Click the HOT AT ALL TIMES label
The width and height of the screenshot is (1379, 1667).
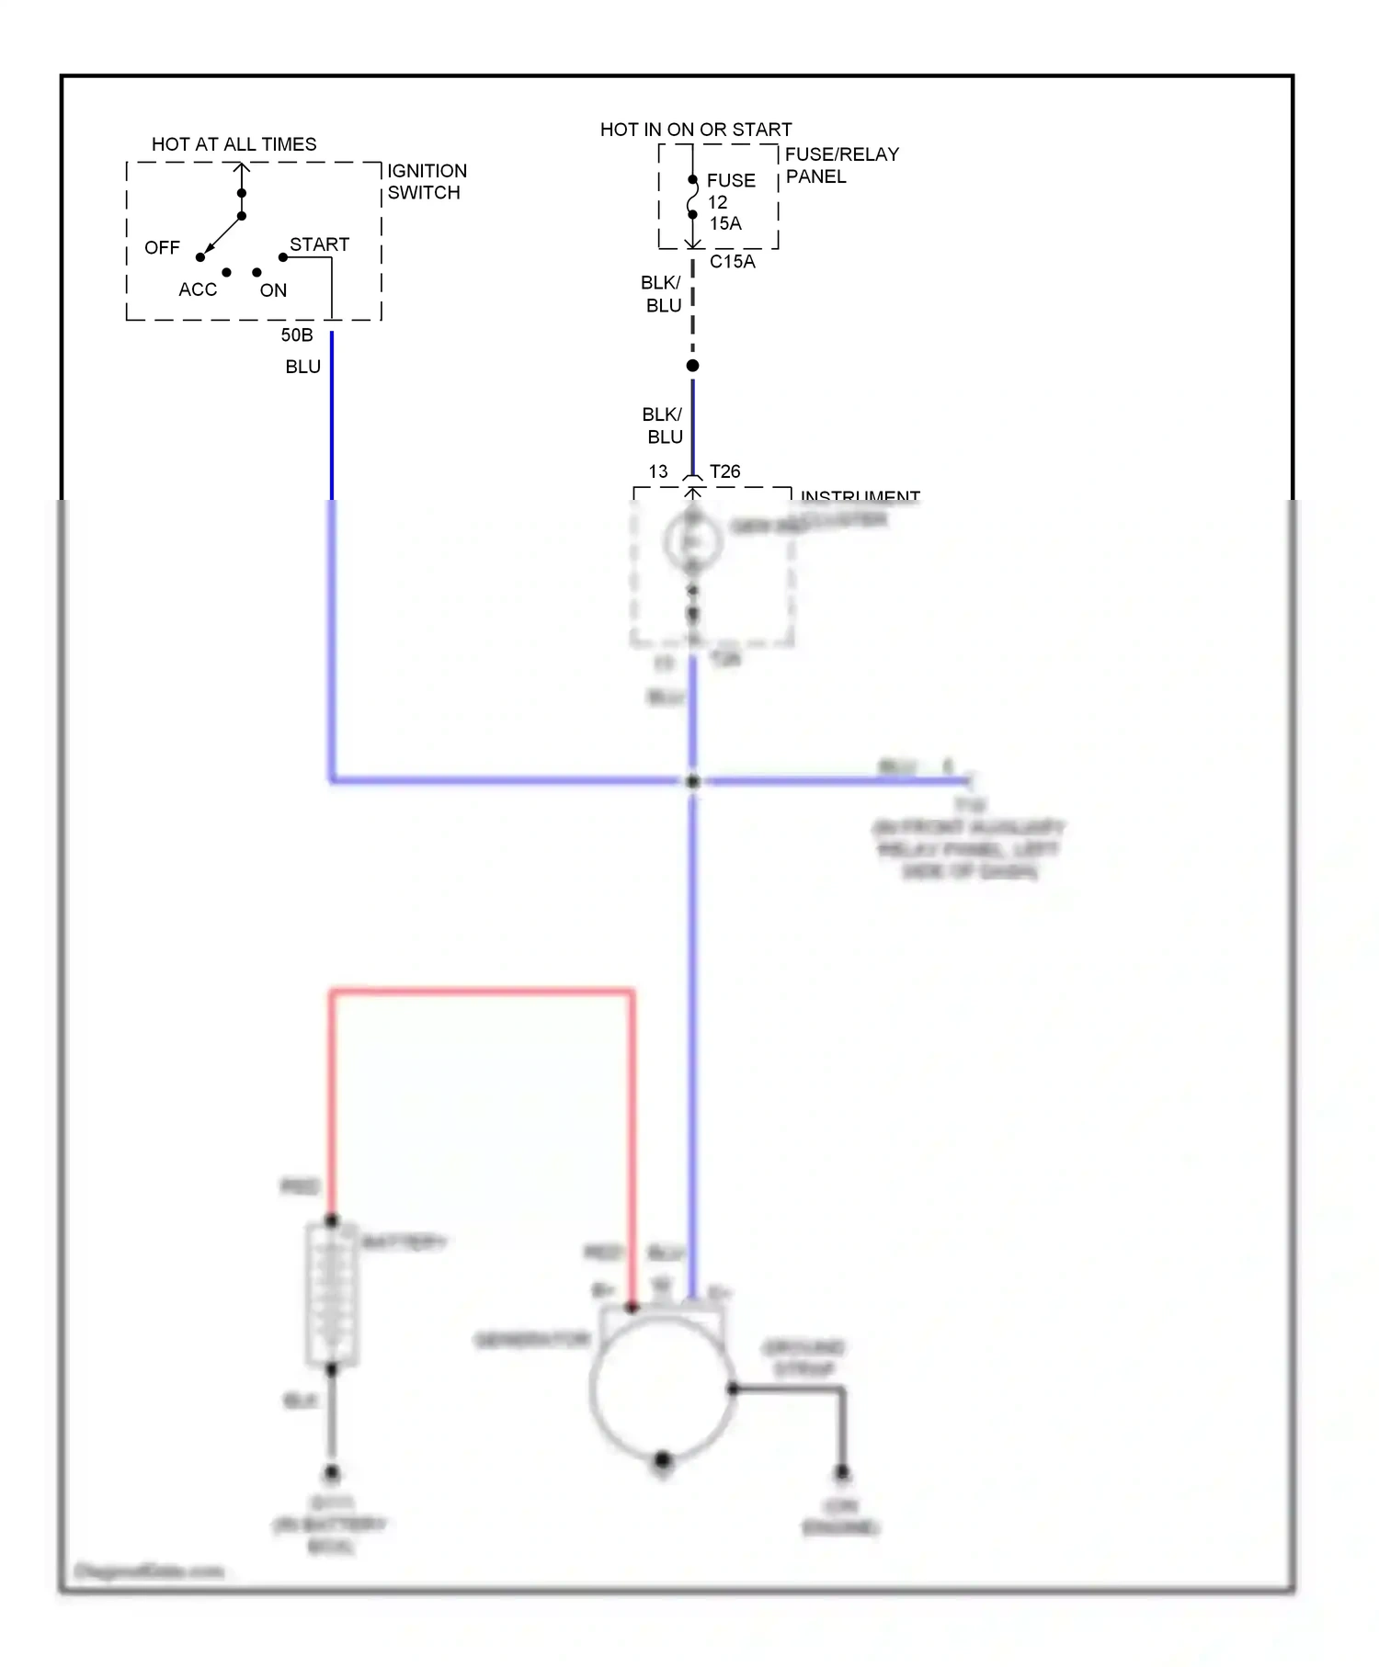click(x=234, y=144)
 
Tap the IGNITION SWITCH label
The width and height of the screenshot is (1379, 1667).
click(x=426, y=182)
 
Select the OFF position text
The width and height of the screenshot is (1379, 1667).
click(x=162, y=248)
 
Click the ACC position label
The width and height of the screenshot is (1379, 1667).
click(x=198, y=289)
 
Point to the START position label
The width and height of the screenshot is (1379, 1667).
click(x=319, y=244)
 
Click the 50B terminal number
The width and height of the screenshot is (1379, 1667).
click(x=297, y=335)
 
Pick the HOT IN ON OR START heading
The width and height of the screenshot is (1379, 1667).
click(x=696, y=130)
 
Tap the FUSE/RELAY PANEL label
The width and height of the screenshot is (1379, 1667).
click(x=840, y=165)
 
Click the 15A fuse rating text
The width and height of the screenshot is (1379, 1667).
click(x=725, y=223)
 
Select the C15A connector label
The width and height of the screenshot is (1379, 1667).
click(x=733, y=262)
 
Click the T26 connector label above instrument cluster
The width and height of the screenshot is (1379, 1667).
click(x=724, y=471)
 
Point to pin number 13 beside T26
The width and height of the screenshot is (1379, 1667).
click(x=658, y=471)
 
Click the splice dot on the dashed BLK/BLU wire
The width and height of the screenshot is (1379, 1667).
click(x=693, y=366)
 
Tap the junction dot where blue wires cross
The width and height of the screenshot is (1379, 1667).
click(x=693, y=781)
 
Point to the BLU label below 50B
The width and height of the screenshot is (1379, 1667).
click(x=302, y=367)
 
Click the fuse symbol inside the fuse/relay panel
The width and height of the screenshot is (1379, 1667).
click(x=692, y=198)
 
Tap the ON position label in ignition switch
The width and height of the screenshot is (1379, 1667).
click(x=273, y=290)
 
